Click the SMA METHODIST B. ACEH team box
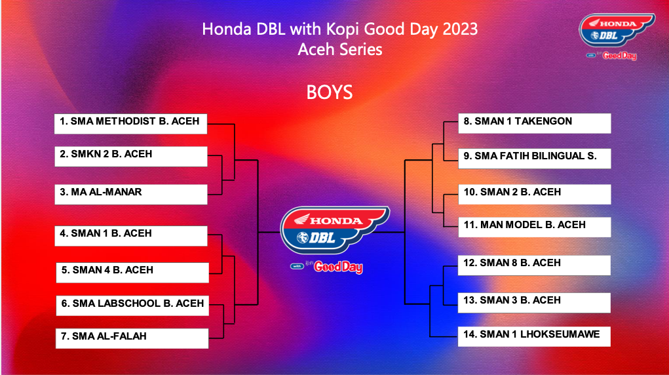click(130, 124)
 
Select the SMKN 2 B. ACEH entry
click(131, 156)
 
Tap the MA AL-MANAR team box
click(131, 194)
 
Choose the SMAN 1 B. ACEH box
click(131, 236)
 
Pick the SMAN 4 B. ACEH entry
click(132, 273)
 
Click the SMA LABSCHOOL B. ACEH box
click(132, 306)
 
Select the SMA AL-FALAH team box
click(132, 338)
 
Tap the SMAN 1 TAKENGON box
click(535, 123)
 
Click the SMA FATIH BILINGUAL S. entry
click(535, 159)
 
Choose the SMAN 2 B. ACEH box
click(535, 194)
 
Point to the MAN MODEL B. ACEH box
click(535, 227)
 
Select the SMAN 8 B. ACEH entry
click(534, 266)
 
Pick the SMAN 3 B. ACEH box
click(534, 303)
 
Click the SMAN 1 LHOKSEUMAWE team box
click(534, 336)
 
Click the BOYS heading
click(330, 92)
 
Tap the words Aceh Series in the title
click(340, 50)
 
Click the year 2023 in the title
click(460, 29)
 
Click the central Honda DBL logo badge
click(334, 230)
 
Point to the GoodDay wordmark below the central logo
click(338, 267)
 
